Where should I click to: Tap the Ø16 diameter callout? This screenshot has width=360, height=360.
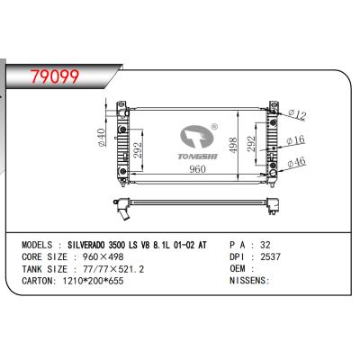tap(298, 139)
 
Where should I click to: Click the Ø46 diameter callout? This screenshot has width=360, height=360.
tap(298, 164)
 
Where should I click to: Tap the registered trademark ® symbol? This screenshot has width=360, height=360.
tap(213, 127)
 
